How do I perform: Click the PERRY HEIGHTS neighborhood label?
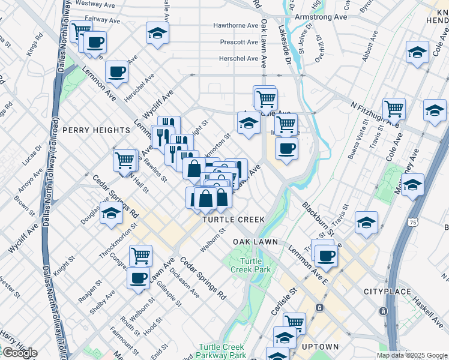coord(88,130)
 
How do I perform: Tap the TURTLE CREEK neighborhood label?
coord(234,220)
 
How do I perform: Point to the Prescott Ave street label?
coord(239,43)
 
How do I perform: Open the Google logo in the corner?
coord(19,353)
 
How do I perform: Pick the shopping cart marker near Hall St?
coord(125,160)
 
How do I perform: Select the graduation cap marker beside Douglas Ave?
coord(111,214)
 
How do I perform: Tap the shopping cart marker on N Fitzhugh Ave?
coord(394,109)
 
